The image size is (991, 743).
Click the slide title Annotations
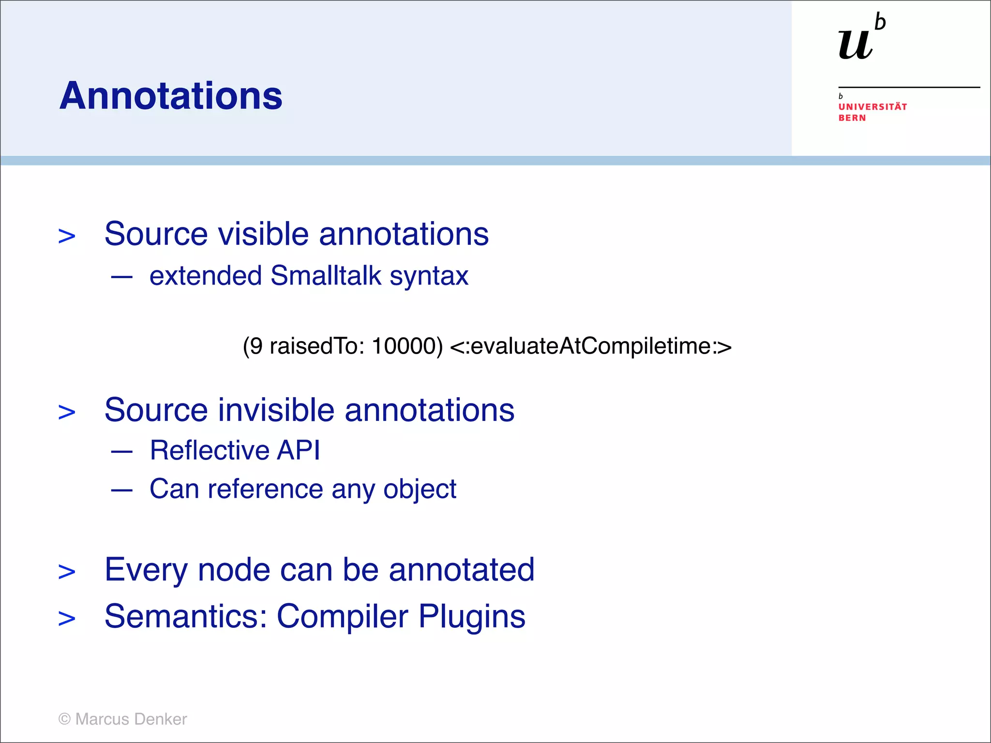[x=171, y=96]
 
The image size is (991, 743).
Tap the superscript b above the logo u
[x=880, y=23]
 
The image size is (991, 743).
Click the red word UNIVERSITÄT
[x=872, y=107]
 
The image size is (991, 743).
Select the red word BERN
[x=852, y=118]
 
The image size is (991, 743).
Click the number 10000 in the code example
[x=406, y=346]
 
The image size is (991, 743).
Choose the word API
[x=298, y=450]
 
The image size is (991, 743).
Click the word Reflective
[x=209, y=450]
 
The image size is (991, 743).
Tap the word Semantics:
[x=186, y=616]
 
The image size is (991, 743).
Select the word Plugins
[x=472, y=616]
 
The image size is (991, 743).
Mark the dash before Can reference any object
[x=121, y=490]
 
